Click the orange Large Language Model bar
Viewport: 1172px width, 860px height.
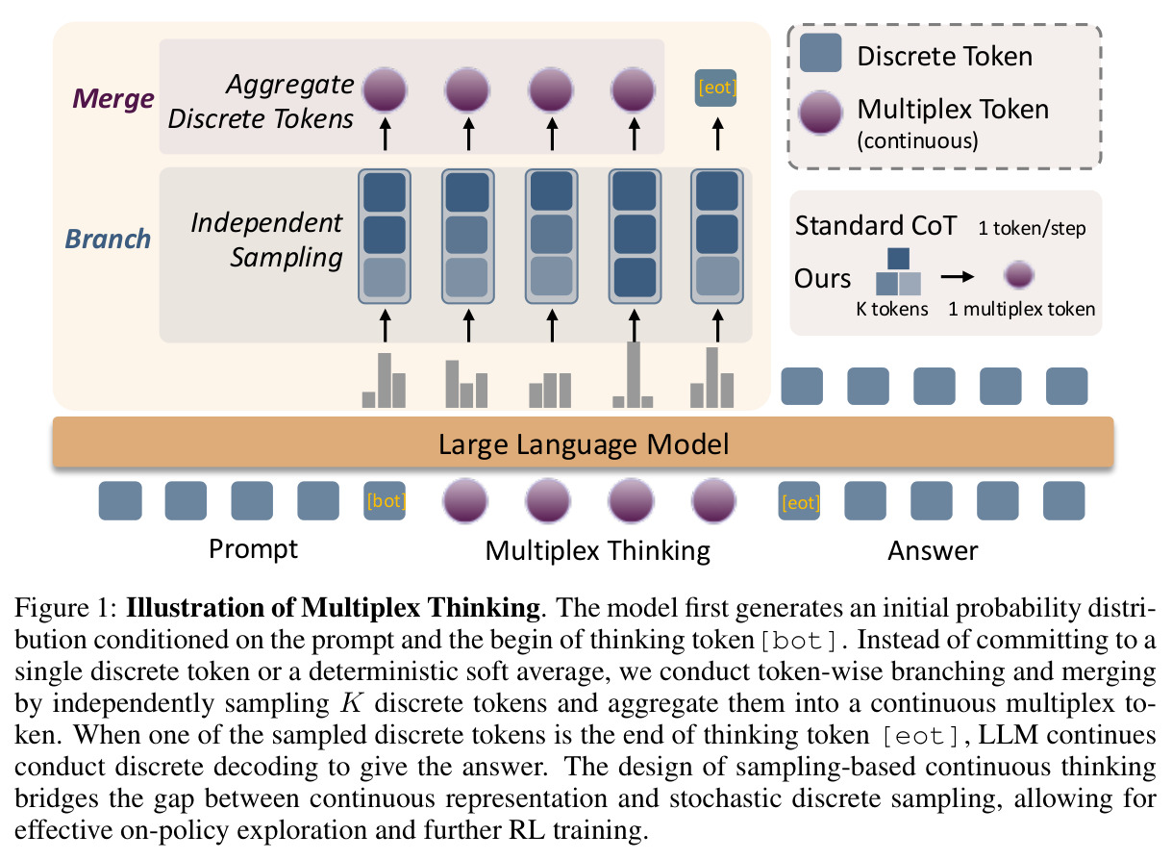583,443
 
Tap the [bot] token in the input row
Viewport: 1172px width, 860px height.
385,501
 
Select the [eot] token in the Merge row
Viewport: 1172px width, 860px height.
715,88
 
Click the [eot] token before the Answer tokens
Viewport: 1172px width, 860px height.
799,501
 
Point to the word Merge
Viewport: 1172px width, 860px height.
113,99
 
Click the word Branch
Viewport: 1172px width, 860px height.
108,240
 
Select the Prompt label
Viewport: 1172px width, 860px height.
253,550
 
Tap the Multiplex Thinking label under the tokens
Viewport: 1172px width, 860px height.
597,551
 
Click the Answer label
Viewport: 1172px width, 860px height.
933,550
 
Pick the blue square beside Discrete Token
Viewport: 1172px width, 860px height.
820,53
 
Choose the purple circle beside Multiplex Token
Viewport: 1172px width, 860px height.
820,113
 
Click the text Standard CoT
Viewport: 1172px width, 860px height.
876,226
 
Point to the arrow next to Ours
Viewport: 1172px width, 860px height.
957,276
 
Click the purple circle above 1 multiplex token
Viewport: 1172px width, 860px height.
1019,275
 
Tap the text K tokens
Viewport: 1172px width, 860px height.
892,309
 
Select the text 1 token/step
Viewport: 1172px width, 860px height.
1032,228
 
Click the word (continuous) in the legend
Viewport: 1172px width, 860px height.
917,140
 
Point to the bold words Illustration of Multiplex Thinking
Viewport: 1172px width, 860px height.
334,608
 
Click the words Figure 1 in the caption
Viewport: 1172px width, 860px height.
62,608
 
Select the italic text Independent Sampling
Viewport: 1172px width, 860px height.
266,240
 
